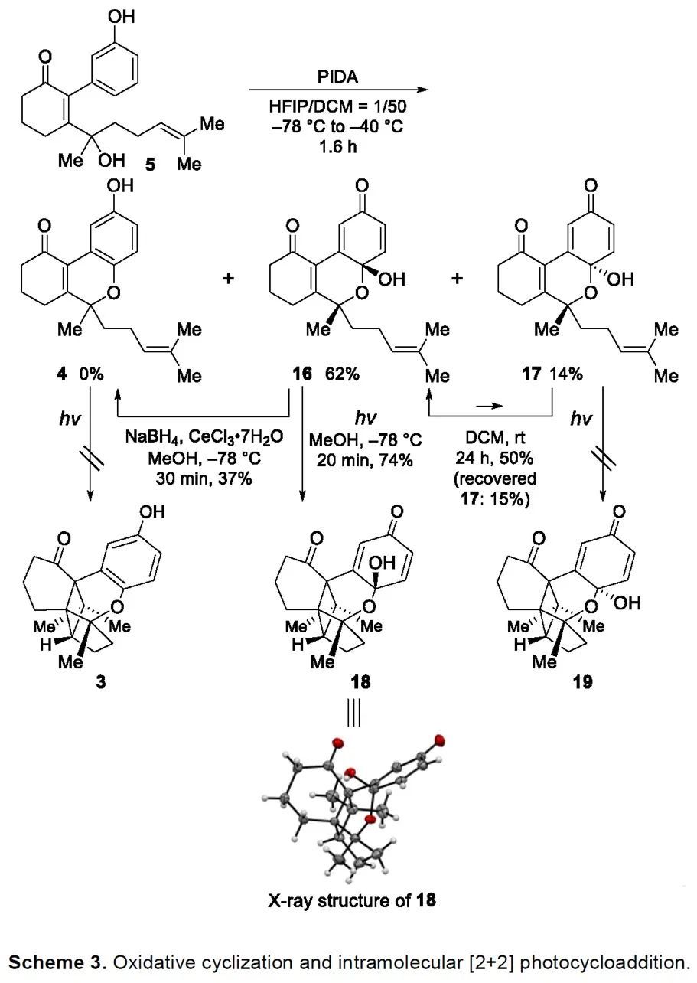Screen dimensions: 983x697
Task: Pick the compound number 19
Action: pos(582,681)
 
